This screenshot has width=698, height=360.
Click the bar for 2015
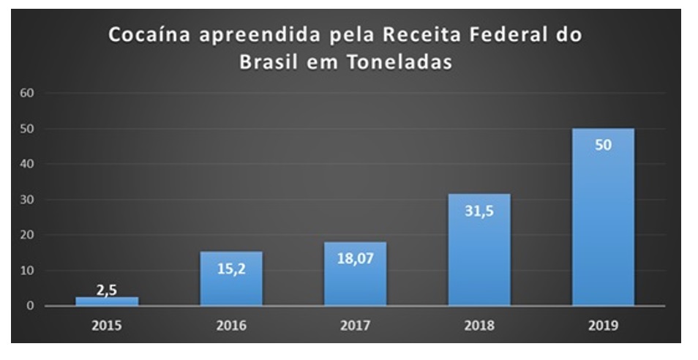point(107,301)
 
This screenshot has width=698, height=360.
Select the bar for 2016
point(231,282)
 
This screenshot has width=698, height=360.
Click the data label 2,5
point(107,290)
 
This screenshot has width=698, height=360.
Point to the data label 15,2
point(231,269)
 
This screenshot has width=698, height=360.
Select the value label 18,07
point(356,258)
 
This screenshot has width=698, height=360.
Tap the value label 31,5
point(479,212)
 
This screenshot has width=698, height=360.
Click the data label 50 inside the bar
point(603,145)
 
